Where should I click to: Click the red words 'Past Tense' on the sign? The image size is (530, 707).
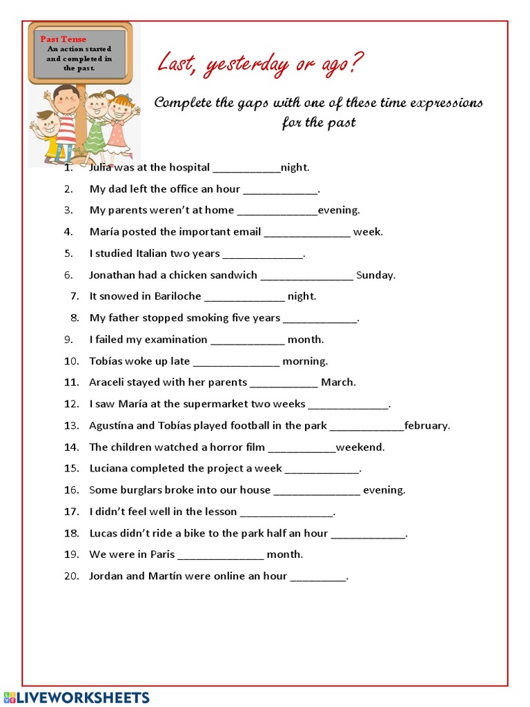pos(63,39)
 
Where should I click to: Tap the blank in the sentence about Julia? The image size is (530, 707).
pos(246,168)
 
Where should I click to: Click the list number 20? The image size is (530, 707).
pos(72,576)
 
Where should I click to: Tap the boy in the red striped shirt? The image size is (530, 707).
pos(65,121)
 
